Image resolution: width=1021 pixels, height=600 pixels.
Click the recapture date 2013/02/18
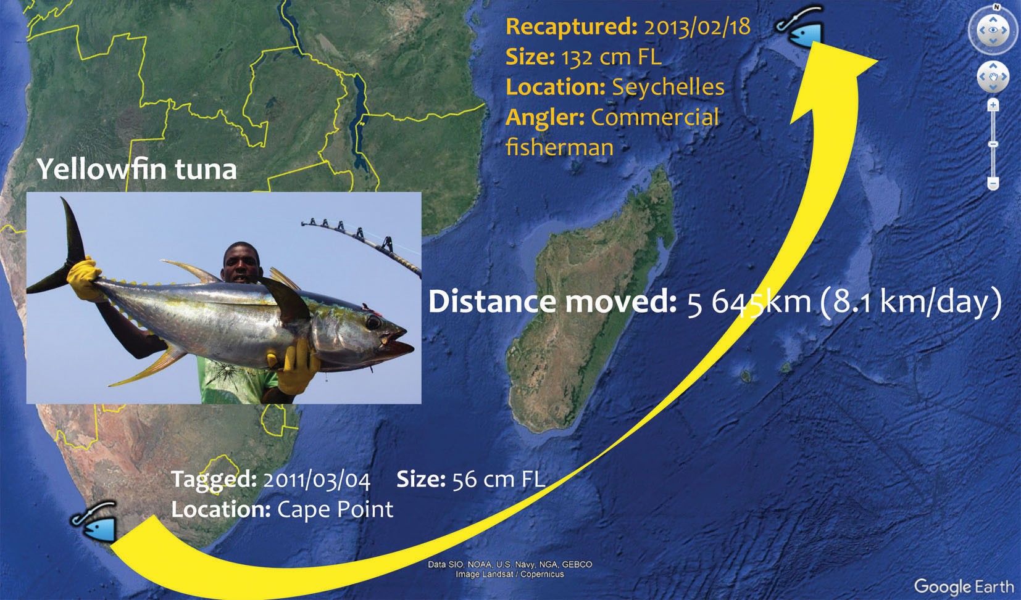(697, 27)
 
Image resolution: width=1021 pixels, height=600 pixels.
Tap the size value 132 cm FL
(611, 57)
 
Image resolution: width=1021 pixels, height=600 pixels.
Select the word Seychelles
(668, 87)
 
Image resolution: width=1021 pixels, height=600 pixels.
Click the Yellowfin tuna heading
(137, 170)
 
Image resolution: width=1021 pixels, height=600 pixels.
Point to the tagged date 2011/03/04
(317, 480)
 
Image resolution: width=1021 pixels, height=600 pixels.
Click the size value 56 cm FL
(499, 479)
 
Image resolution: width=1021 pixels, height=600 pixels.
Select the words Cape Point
(335, 509)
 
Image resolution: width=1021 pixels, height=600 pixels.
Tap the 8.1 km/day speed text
(911, 302)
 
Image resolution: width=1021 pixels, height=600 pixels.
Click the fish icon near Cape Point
(94, 521)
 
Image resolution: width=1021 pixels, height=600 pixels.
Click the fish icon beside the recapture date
(799, 27)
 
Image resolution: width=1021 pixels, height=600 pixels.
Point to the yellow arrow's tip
(877, 60)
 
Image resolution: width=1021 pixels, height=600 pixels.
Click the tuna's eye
(373, 322)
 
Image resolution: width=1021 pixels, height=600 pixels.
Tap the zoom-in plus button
(993, 105)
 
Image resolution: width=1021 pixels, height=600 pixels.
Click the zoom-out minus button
(993, 184)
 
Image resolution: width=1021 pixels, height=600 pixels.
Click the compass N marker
(996, 7)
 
